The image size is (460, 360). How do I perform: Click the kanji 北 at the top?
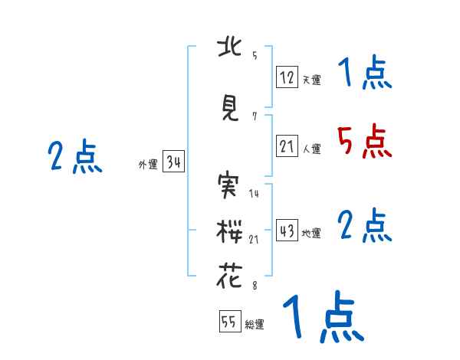(x=229, y=48)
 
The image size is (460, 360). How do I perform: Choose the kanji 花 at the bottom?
(x=229, y=276)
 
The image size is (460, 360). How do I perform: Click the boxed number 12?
(x=287, y=77)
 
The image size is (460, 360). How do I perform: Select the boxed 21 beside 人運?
(x=287, y=147)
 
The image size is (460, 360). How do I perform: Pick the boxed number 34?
(x=172, y=162)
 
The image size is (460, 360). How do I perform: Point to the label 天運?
(x=311, y=80)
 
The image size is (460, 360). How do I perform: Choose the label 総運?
(x=255, y=325)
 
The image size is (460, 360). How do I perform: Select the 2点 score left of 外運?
(x=74, y=157)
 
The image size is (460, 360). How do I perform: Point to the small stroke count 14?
(x=254, y=193)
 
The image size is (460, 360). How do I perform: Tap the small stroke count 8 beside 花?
(x=254, y=285)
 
